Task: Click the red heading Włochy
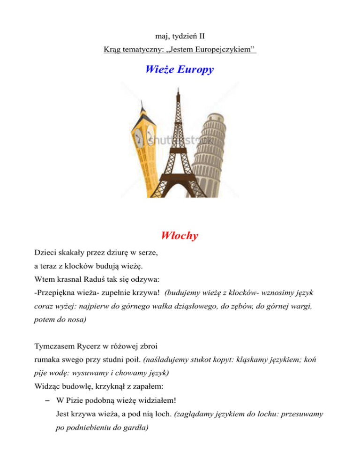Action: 180,235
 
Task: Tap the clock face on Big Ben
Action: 139,137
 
